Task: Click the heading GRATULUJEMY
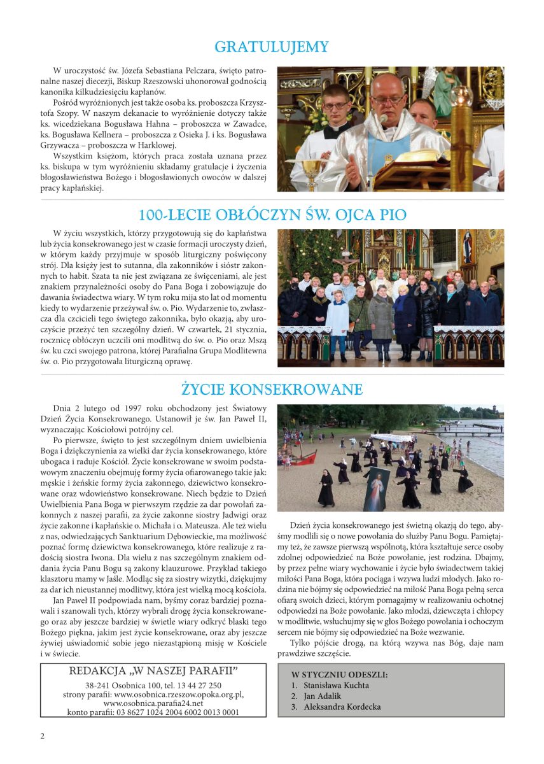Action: click(272, 47)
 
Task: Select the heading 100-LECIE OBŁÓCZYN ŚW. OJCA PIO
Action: click(272, 215)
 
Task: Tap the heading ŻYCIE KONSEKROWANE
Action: click(272, 389)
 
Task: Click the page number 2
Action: click(43, 737)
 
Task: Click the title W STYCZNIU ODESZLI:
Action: click(339, 674)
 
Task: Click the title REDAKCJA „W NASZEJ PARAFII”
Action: click(153, 671)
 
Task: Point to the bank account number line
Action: click(153, 712)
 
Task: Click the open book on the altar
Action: click(414, 164)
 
